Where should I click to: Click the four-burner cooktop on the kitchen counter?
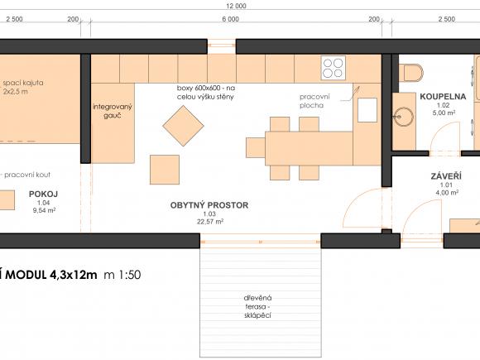click(x=334, y=68)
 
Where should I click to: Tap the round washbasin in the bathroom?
click(x=404, y=117)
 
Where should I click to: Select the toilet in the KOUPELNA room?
click(x=411, y=73)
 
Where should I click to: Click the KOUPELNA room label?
click(x=443, y=97)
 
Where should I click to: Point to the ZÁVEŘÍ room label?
click(x=446, y=176)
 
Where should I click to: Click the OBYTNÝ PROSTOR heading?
click(x=209, y=205)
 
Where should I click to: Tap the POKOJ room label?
click(x=44, y=194)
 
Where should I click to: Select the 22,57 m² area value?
click(x=210, y=221)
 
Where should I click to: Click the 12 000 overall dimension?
click(x=237, y=6)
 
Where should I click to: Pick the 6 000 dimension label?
click(x=231, y=19)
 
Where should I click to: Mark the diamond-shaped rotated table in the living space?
click(x=184, y=126)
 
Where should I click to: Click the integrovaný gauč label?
click(x=113, y=111)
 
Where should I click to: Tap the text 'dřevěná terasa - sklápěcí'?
click(x=257, y=306)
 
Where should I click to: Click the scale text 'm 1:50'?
click(x=122, y=275)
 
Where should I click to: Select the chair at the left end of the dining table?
click(x=256, y=147)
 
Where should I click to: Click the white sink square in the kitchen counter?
click(x=367, y=110)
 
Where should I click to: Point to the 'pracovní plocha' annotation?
click(x=314, y=101)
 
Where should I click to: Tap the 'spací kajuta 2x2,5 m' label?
click(x=23, y=87)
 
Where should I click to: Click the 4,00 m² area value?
click(x=447, y=193)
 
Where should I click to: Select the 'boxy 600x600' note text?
click(x=206, y=93)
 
